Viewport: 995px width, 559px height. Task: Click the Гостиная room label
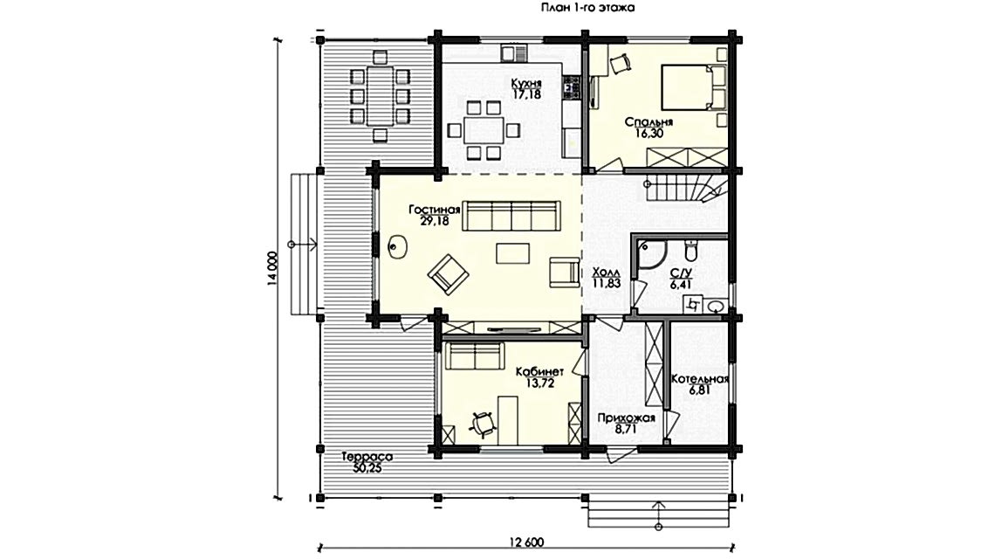pos(434,210)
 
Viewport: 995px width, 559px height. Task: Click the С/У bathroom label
pos(680,273)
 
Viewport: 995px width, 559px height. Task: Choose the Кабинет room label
pos(534,370)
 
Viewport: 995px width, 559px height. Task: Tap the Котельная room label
pos(699,379)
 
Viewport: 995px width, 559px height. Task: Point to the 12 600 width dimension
pos(523,542)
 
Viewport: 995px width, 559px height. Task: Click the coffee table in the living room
pos(511,253)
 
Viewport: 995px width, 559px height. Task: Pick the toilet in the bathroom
pos(691,252)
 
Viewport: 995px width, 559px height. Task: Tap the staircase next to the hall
pos(685,185)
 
